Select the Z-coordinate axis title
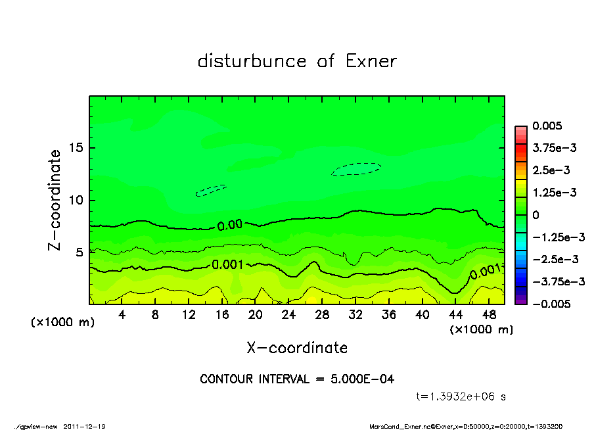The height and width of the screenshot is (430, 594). (x=55, y=200)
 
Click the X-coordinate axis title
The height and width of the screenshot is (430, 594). (x=297, y=348)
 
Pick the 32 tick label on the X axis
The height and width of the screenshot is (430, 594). (x=355, y=315)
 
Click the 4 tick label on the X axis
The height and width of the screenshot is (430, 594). (x=122, y=315)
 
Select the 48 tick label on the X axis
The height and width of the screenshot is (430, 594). (x=489, y=315)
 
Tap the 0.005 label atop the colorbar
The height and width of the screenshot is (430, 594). (x=549, y=126)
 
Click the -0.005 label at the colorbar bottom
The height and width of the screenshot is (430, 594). (x=551, y=304)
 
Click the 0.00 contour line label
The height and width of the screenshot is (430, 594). (x=229, y=225)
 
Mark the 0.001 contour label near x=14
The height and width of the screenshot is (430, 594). (x=227, y=264)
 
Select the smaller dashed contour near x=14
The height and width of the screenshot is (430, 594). (x=211, y=191)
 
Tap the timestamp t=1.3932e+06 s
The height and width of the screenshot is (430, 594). (x=461, y=396)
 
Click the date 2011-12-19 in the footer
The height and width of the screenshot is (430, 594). (x=84, y=426)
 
